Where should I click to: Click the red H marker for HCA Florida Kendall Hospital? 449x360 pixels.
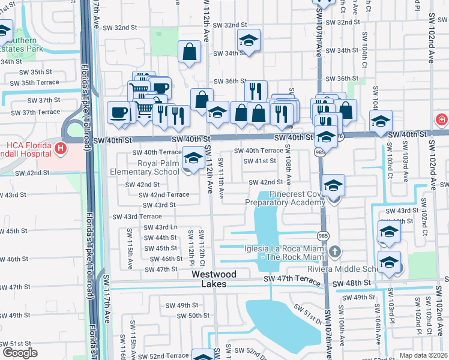pos(60,148)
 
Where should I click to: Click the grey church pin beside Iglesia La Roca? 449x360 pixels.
pos(335,250)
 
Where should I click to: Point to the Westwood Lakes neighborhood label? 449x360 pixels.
pos(214,279)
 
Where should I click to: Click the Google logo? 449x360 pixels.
pos(20,352)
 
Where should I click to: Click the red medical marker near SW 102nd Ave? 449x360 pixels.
pos(442,119)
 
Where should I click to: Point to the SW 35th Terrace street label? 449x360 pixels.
pos(39,82)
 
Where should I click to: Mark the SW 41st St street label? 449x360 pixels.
pos(260,161)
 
